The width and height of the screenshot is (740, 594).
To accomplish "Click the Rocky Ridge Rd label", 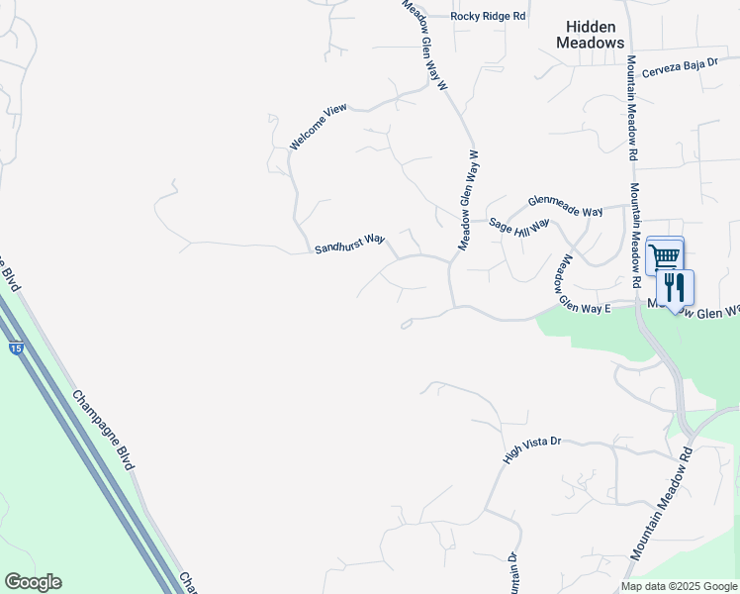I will click(x=488, y=17).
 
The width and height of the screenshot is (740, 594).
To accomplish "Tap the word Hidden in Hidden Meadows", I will click(x=591, y=27).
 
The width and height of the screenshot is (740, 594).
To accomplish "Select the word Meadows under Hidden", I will click(x=591, y=43).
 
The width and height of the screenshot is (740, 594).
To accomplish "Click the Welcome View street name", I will click(x=319, y=127).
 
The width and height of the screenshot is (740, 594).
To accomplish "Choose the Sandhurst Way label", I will click(x=349, y=244).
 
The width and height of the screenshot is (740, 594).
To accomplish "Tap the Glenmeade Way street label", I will click(x=565, y=205).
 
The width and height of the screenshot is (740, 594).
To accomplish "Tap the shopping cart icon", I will click(x=665, y=256).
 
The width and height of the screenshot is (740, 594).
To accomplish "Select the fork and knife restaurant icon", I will click(x=676, y=288).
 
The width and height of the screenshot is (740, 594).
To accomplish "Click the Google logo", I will click(x=33, y=582).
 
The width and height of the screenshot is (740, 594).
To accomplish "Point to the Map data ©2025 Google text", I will click(x=679, y=586).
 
